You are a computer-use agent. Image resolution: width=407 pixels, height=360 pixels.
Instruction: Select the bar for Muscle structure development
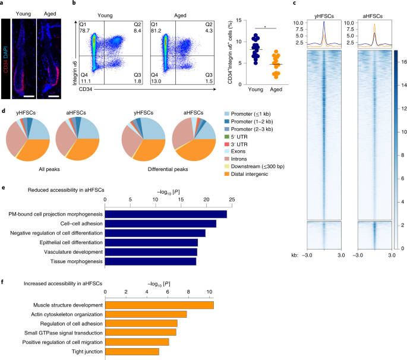159,305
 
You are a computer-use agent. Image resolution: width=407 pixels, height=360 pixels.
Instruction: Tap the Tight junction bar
132,352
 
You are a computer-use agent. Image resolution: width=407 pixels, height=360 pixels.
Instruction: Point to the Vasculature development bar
151,252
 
